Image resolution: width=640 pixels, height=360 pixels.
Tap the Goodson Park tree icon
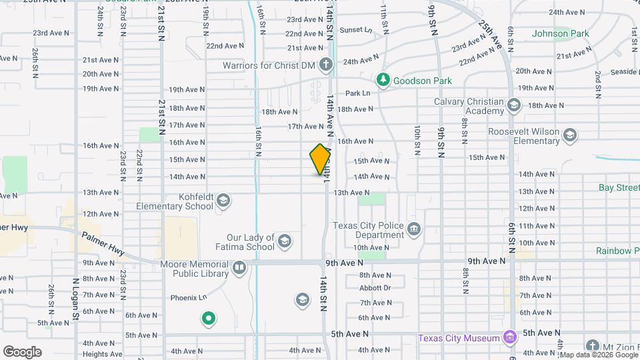pos(383,81)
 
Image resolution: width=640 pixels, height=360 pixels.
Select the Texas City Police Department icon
pos(414,230)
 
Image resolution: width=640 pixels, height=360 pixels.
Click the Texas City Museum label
pos(459,338)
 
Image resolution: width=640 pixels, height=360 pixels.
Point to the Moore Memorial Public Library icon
pos(239,268)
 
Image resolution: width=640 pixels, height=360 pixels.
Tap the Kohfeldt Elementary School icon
pos(223,201)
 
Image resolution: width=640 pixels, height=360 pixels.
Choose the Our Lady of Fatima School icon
pos(285,241)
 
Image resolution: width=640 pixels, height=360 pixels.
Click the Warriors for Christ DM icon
pos(325,65)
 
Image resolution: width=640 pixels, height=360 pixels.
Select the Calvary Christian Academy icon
pos(513,105)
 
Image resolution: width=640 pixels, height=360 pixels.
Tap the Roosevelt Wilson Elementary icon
pos(569,136)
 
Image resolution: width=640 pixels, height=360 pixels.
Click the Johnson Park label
pos(560,33)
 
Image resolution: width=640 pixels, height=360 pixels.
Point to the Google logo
pos(22,352)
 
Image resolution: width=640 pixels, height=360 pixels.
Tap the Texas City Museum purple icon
pos(510,338)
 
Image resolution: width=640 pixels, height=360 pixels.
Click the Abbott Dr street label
pos(375,288)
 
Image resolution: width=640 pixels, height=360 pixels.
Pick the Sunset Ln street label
pos(356,30)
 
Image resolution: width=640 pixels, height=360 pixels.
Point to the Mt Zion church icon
pos(593,345)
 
